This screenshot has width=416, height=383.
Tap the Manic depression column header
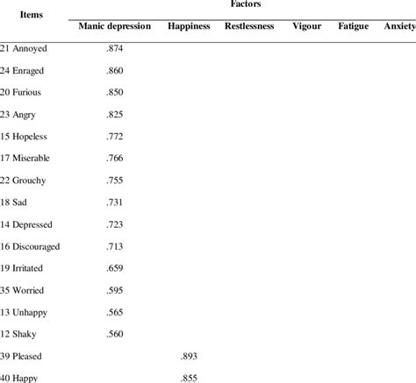(x=114, y=26)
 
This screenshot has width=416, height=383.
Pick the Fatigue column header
(x=353, y=26)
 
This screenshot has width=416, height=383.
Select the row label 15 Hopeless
(x=26, y=136)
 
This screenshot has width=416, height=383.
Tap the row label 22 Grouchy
(x=25, y=180)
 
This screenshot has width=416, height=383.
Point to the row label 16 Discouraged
(x=31, y=245)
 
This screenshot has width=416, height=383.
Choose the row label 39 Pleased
(x=23, y=356)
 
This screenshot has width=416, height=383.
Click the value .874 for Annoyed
(x=114, y=47)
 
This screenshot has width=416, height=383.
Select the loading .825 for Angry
(x=114, y=114)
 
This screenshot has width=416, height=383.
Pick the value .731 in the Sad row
(x=114, y=202)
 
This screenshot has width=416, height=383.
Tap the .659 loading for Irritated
(x=114, y=268)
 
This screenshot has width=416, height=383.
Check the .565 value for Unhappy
(x=114, y=312)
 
